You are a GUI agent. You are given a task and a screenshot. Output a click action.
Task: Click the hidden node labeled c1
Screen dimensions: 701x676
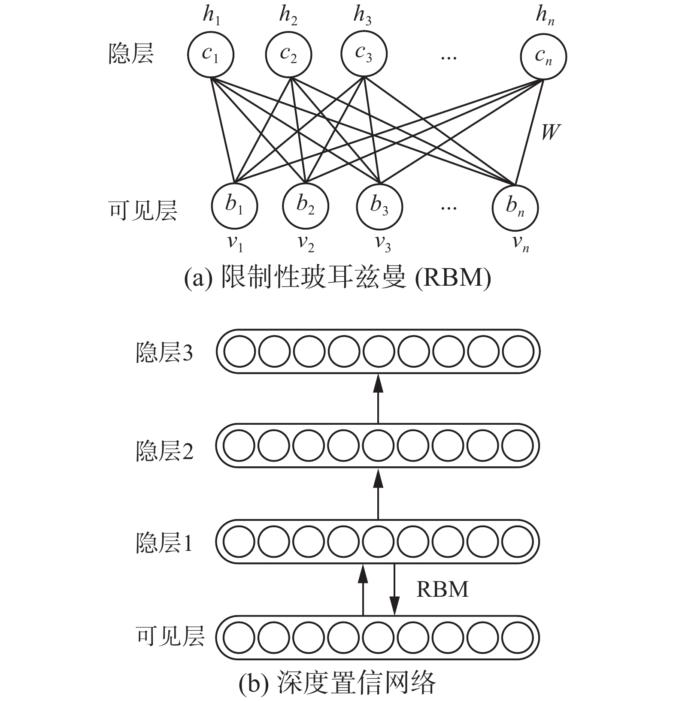[x=210, y=55]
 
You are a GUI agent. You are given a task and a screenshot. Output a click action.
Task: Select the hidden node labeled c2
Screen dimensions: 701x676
[x=288, y=55]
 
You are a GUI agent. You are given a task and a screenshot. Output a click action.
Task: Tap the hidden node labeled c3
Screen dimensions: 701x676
[x=364, y=54]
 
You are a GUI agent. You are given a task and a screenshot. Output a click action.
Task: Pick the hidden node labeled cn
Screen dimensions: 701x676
[x=543, y=56]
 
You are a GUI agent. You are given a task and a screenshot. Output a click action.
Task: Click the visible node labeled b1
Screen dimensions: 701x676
[x=234, y=205]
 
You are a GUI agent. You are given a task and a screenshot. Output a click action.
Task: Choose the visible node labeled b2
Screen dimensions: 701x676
[x=306, y=205]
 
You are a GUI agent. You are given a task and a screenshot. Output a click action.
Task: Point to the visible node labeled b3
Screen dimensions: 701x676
[x=379, y=206]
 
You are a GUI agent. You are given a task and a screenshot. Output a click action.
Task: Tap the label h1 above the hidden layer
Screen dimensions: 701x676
[x=212, y=16]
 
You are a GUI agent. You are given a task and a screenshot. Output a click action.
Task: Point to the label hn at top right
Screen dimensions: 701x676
[x=545, y=16]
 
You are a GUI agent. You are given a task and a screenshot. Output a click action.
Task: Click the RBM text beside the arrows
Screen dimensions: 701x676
[x=442, y=589]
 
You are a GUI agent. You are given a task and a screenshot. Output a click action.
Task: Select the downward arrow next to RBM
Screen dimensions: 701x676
[x=394, y=590]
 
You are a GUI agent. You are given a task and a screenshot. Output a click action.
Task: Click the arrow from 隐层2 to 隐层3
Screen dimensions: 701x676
[x=378, y=399]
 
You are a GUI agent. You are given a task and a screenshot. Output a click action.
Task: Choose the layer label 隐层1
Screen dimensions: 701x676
[x=164, y=543]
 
